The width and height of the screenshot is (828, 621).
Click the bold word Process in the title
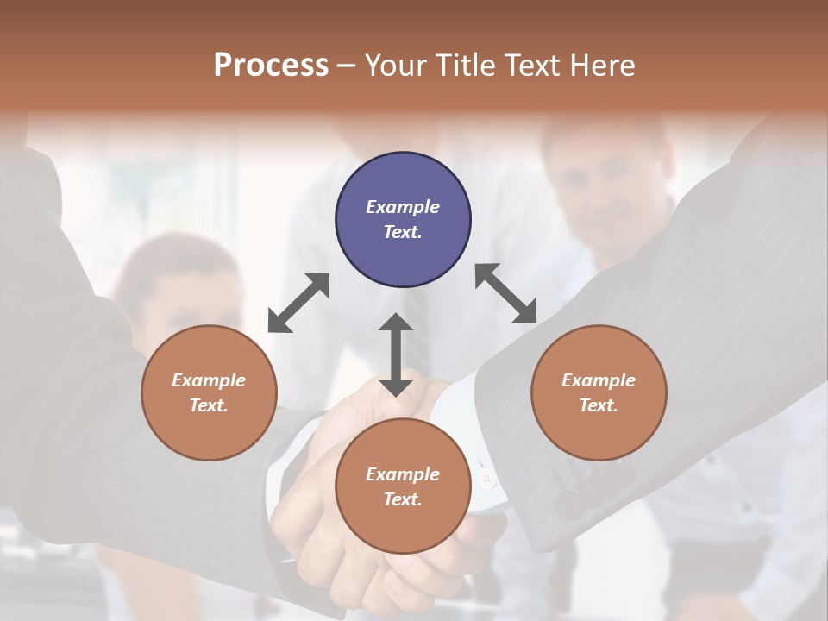click(x=271, y=66)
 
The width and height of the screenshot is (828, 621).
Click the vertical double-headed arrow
click(x=396, y=354)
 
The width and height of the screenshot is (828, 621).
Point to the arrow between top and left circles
click(x=298, y=303)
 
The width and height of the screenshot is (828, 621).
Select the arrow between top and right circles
click(x=506, y=293)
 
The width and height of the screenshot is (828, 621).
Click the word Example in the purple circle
click(x=403, y=207)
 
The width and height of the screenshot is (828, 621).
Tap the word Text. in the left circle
click(x=209, y=405)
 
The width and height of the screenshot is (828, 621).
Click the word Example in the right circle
click(x=598, y=380)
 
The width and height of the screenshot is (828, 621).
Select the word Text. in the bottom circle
click(x=403, y=499)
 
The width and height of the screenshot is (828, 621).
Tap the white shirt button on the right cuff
click(x=489, y=477)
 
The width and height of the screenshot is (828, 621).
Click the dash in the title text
click(x=347, y=66)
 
